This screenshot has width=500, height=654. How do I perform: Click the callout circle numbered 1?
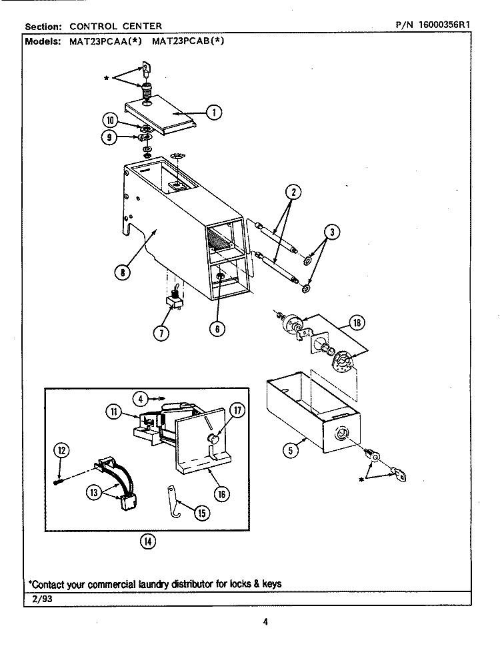(213, 113)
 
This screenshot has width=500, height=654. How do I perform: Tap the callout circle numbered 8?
(123, 271)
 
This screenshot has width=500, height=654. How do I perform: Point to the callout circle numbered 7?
(161, 333)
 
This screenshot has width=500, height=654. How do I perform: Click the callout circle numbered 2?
(292, 192)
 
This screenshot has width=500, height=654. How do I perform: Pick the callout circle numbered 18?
(357, 324)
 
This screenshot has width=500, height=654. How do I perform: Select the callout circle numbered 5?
(290, 450)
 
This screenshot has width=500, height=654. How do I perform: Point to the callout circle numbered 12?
(61, 451)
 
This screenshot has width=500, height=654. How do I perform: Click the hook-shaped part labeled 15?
(173, 500)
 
